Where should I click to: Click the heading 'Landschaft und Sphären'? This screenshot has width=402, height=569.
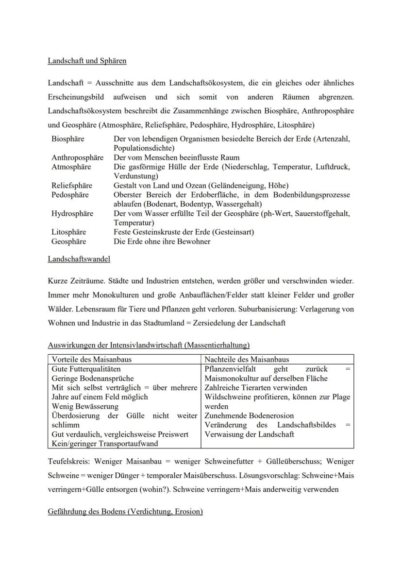(87, 61)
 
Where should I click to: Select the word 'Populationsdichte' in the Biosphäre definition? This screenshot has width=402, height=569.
(144, 148)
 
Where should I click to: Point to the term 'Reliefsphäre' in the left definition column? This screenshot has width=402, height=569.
(72, 185)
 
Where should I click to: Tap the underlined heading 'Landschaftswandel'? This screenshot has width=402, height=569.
(79, 259)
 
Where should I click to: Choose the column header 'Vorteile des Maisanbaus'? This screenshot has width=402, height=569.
(91, 360)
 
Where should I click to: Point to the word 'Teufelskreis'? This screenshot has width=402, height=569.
(68, 461)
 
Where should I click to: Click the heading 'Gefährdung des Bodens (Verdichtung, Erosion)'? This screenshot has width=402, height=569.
(125, 512)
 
